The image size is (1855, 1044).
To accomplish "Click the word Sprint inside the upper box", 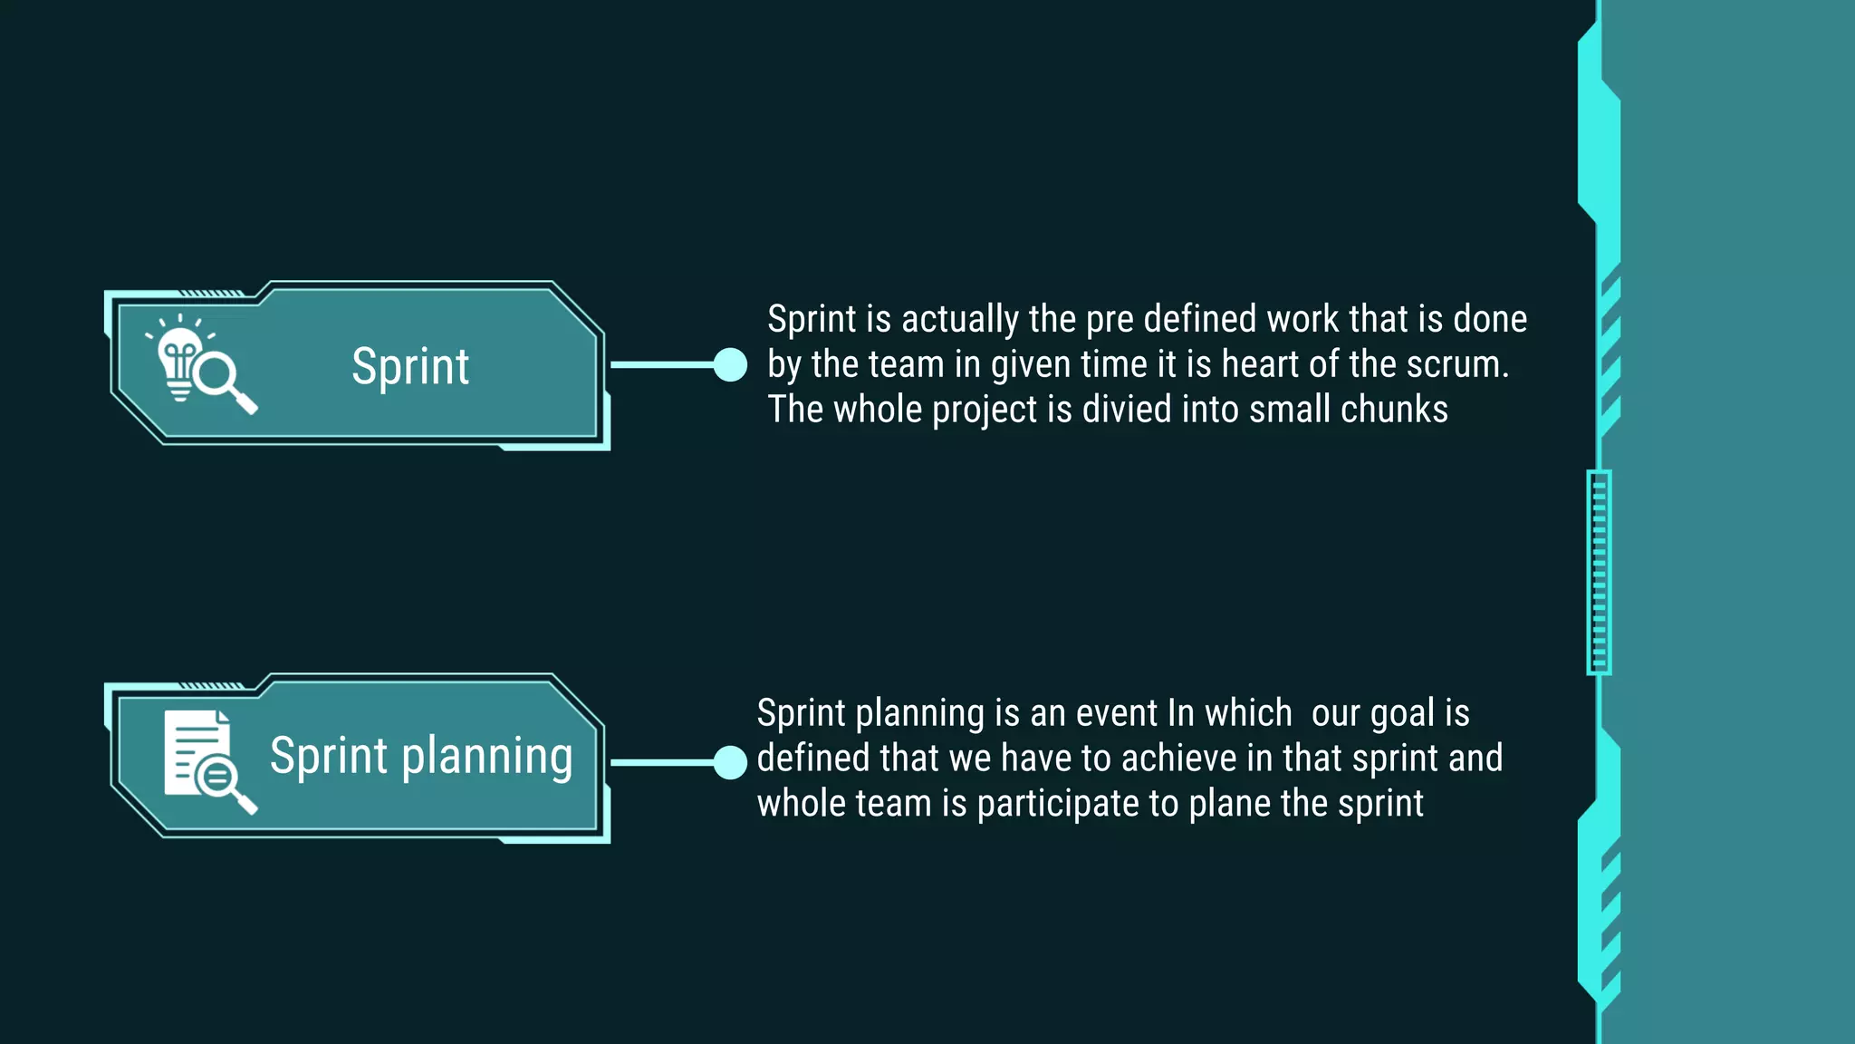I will (x=410, y=367).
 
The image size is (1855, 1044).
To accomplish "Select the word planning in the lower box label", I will (x=486, y=757).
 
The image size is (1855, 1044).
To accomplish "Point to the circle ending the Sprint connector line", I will (x=730, y=365).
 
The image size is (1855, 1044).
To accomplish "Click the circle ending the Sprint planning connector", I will (x=730, y=762).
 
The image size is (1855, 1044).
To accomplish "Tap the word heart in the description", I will (x=1260, y=364).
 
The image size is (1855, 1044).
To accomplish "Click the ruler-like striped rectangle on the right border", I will (x=1599, y=573).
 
